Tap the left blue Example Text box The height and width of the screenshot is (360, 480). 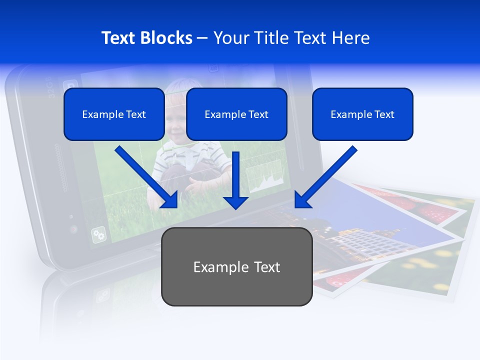pos(114,114)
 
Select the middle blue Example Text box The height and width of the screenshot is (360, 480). pos(236,114)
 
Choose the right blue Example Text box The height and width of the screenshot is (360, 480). pos(362,114)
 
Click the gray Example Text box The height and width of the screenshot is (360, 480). pos(236,266)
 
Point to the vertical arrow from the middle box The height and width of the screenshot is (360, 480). pos(235,177)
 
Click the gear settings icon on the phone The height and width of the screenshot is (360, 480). pos(98,234)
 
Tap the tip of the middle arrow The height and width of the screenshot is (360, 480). pos(235,207)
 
